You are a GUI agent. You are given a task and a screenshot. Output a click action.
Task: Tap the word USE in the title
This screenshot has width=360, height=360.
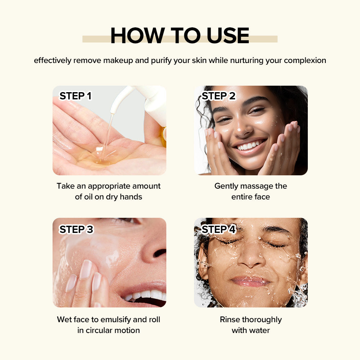point(228,35)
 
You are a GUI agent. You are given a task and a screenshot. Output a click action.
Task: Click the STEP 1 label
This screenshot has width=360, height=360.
point(76,96)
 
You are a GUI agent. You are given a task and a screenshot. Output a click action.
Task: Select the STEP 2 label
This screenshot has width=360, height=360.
point(219,96)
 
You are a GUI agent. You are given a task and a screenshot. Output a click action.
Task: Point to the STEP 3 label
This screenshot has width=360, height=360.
point(76,229)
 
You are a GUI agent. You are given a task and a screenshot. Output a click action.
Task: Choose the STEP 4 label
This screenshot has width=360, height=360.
point(219,229)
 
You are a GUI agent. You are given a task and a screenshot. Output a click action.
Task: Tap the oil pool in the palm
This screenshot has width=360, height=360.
point(101,156)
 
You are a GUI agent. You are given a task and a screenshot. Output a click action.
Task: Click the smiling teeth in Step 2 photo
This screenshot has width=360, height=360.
point(249,145)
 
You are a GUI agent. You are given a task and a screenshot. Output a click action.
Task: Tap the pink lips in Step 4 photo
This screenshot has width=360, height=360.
point(250,281)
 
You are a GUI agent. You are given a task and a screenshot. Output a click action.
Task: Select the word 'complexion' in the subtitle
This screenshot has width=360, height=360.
point(305,60)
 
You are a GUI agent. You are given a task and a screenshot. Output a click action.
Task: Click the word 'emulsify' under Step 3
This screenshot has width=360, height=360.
point(116,320)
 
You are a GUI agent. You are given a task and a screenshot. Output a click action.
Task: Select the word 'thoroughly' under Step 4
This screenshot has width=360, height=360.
point(262,320)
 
